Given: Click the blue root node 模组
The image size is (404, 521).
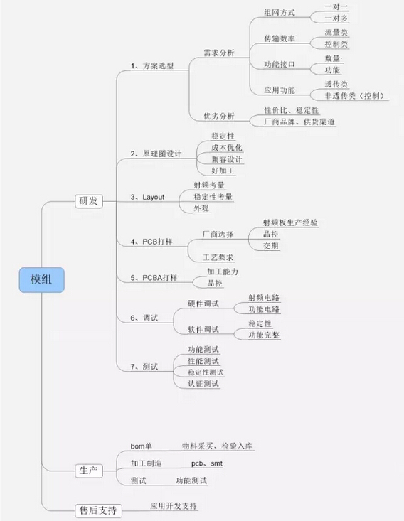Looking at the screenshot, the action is pos(41,280).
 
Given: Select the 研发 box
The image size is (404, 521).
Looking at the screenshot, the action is pos(88,200).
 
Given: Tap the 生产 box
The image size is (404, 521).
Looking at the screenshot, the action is pos(88,471).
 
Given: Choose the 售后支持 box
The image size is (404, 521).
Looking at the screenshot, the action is pos(98,510).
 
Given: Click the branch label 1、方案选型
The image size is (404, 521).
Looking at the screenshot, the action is pos(152,66).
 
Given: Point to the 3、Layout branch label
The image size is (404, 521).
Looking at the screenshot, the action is pos(147,197).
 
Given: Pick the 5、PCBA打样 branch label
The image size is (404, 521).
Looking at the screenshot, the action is pos(154,277).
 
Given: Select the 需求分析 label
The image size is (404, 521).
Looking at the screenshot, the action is pos(219,53).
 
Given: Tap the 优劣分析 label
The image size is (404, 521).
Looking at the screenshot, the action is pos(219,116).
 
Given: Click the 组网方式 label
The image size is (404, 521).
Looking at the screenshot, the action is pos(280,13).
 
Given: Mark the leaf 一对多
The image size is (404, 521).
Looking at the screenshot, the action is pos(336,18).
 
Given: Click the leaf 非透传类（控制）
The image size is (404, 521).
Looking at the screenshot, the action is pos(354,96).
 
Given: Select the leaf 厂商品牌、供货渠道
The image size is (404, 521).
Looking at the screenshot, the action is pos(299,122).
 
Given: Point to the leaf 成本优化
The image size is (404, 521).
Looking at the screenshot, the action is pos(227,148).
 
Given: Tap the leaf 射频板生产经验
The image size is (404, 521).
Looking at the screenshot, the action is pos(291,222).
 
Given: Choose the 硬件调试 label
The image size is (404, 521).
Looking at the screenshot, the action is pos(203,304).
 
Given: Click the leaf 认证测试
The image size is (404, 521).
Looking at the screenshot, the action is pos(203,384).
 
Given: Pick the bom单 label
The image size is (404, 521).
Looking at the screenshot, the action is pos(142,446).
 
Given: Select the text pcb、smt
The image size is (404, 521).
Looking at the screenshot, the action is pos(207,463).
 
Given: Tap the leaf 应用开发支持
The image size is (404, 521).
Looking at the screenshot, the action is pos(174,506).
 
